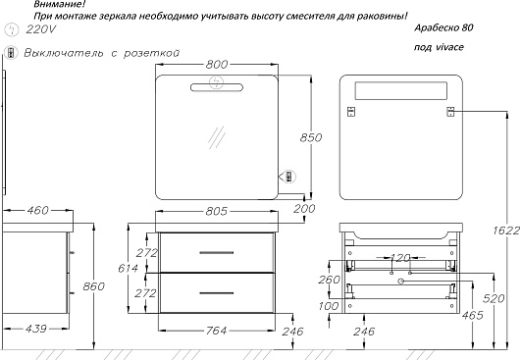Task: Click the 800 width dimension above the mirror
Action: pyautogui.click(x=217, y=64)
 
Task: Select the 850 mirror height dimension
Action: pyautogui.click(x=311, y=137)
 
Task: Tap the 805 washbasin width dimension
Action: pyautogui.click(x=217, y=211)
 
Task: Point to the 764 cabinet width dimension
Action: pyautogui.click(x=217, y=331)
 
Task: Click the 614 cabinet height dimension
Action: pyautogui.click(x=128, y=268)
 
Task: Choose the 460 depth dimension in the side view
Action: pyautogui.click(x=38, y=210)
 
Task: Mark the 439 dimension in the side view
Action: pyautogui.click(x=36, y=329)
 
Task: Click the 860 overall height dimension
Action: pyautogui.click(x=94, y=286)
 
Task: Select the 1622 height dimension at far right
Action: pyautogui.click(x=506, y=231)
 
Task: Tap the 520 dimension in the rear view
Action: pyautogui.click(x=494, y=298)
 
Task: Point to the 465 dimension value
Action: pyautogui.click(x=473, y=315)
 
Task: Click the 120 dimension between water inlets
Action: pyautogui.click(x=400, y=258)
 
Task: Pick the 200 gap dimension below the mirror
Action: pyautogui.click(x=304, y=209)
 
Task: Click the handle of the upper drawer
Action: pyautogui.click(x=217, y=253)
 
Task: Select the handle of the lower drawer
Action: pyautogui.click(x=217, y=293)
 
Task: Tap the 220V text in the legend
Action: pyautogui.click(x=40, y=29)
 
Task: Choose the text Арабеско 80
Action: pyautogui.click(x=443, y=27)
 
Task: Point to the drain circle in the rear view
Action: pyautogui.click(x=401, y=282)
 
